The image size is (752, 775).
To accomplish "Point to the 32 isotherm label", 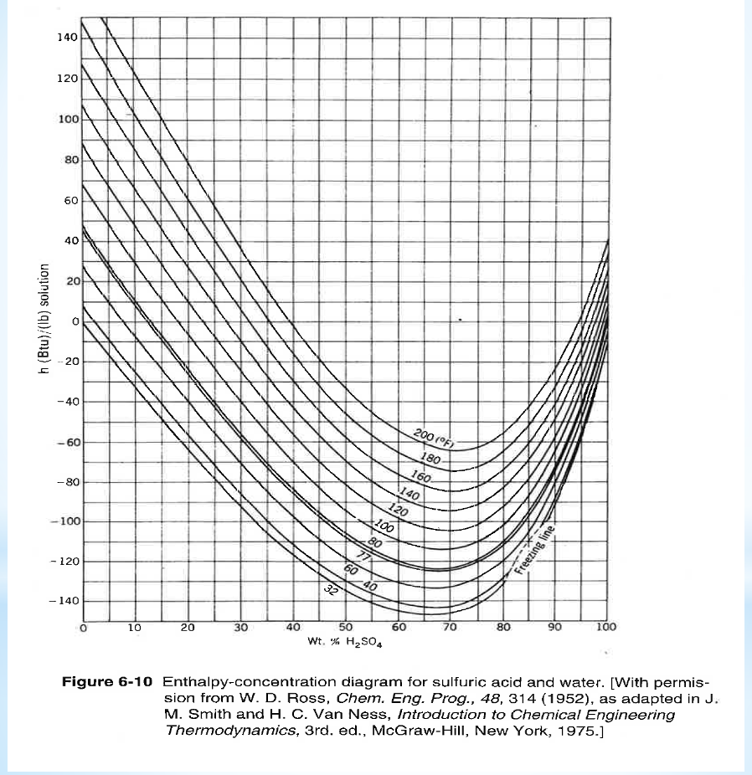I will point(331,590).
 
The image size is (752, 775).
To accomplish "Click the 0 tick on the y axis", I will point(74,321).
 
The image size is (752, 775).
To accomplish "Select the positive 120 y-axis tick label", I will point(67,78).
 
